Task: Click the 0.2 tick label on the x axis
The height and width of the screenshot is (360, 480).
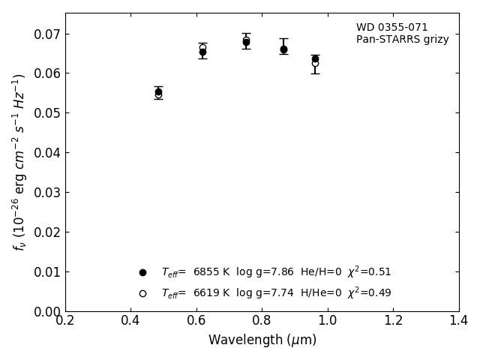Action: pyautogui.click(x=65, y=321)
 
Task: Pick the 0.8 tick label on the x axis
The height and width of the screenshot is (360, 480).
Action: pyautogui.click(x=262, y=321)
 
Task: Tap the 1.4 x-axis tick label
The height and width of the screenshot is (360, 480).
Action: pyautogui.click(x=459, y=321)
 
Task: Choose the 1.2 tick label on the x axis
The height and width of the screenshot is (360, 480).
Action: pyautogui.click(x=393, y=321)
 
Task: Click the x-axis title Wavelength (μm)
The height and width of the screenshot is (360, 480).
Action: pyautogui.click(x=262, y=340)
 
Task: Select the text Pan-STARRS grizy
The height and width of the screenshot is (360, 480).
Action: pyautogui.click(x=402, y=40)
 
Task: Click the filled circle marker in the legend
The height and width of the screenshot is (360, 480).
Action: pyautogui.click(x=142, y=272)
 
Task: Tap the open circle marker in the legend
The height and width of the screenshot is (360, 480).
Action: pyautogui.click(x=142, y=293)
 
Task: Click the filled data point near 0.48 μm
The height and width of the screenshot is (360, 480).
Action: pyautogui.click(x=158, y=92)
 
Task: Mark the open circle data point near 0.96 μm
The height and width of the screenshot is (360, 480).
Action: pyautogui.click(x=315, y=64)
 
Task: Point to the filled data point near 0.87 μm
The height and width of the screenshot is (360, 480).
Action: pyautogui.click(x=283, y=49)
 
